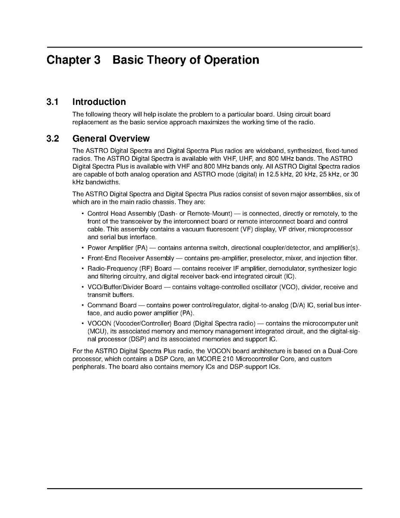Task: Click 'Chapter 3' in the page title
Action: [73, 60]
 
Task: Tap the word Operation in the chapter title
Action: [232, 60]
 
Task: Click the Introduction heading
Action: [99, 102]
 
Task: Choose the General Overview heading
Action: [111, 139]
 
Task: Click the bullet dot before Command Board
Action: [82, 306]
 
